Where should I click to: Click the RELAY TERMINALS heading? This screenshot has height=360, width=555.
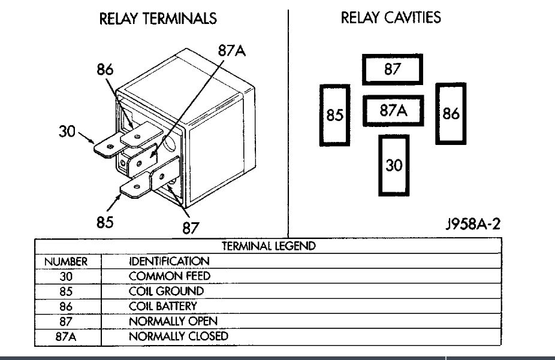point(158,19)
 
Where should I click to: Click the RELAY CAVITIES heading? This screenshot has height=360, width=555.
point(391,17)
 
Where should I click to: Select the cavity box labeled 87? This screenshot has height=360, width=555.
point(392,69)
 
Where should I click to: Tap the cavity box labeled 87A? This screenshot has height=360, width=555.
point(393,111)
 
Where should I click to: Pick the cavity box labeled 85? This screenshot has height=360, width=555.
point(334,114)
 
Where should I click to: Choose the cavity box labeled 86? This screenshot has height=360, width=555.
point(450,113)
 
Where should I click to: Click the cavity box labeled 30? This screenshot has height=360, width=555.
point(394,165)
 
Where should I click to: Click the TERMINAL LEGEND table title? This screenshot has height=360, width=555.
point(269,246)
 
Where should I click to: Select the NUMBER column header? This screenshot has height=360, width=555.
point(67,262)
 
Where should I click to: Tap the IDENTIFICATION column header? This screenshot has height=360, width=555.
point(170,262)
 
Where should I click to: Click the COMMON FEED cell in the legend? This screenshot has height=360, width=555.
point(170,276)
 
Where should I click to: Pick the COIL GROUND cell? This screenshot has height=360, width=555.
point(166,291)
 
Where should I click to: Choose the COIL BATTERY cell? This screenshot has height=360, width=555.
point(162,306)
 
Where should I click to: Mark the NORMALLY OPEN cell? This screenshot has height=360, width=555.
point(173,321)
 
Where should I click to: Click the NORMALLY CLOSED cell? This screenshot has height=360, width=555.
point(179,336)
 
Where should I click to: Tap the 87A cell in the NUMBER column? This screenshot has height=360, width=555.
point(67,336)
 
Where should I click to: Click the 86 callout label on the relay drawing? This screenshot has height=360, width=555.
point(105,70)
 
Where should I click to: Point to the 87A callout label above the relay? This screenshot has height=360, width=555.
point(231,51)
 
